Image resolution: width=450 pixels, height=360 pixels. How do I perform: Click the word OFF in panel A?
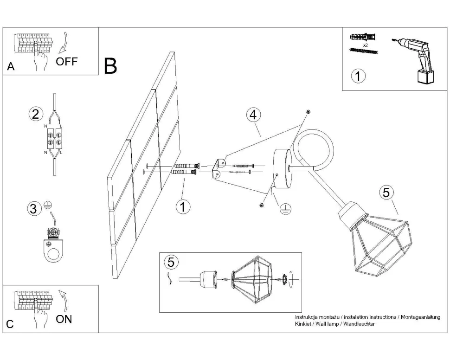[x=67, y=62]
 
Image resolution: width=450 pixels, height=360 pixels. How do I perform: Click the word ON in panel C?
[x=64, y=319]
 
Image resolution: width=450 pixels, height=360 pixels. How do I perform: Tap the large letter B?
[x=110, y=66]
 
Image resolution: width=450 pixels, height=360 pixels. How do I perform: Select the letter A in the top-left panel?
[x=11, y=67]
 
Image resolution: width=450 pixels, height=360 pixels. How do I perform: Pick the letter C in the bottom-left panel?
[x=10, y=324]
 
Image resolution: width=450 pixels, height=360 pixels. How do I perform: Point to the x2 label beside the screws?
[x=365, y=45]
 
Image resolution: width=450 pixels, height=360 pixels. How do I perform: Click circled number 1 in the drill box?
[x=358, y=76]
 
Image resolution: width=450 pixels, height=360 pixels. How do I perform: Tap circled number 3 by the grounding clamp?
[x=32, y=209]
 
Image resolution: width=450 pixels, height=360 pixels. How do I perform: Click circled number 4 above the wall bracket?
[x=253, y=115]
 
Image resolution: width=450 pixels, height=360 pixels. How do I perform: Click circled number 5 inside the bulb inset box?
[x=171, y=262]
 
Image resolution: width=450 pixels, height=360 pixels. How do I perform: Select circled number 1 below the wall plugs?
[x=183, y=207]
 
